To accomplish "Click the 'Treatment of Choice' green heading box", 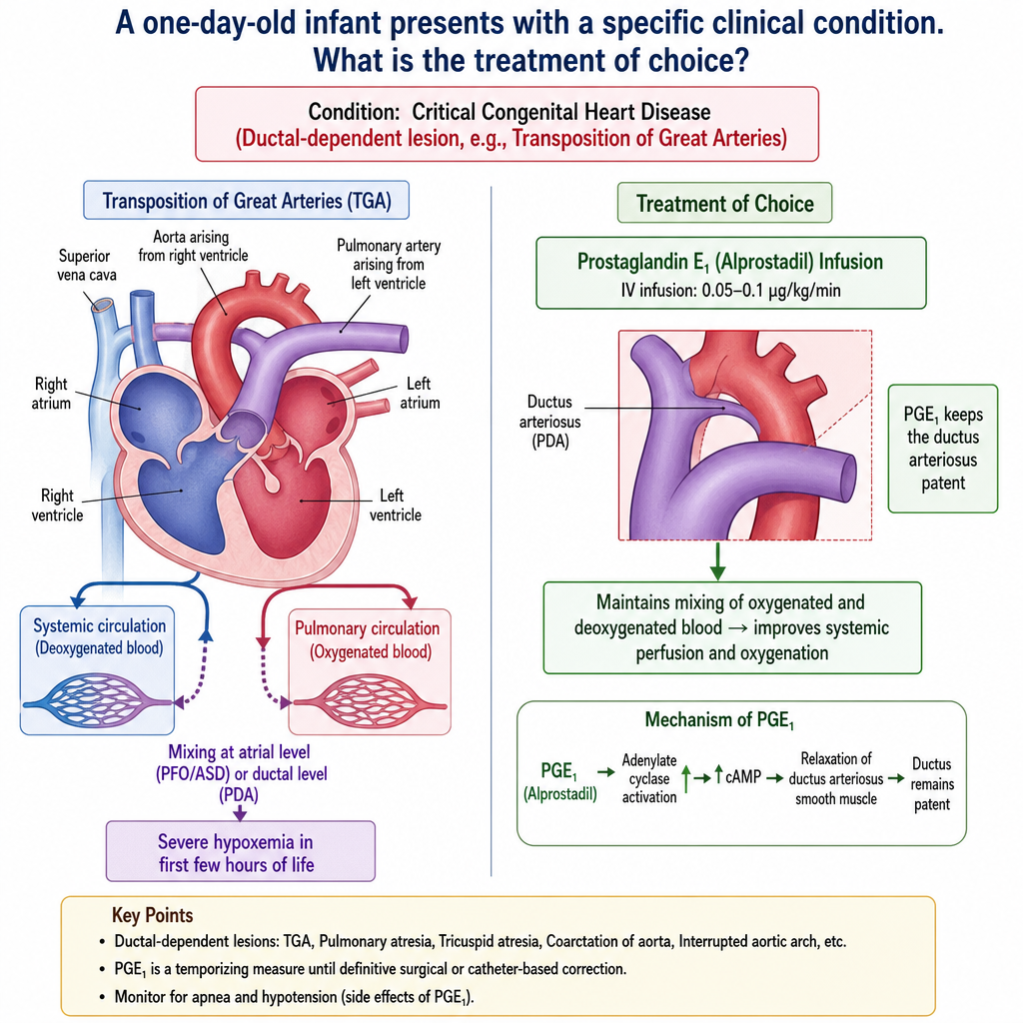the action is point(724,203).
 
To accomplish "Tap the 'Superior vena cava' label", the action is point(86,265).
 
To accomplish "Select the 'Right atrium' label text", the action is point(51,393).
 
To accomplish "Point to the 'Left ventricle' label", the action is point(395,505).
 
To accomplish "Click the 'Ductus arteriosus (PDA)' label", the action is point(549,422).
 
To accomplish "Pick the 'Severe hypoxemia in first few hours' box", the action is point(240,851).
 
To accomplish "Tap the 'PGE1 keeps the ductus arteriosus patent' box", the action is point(943,449).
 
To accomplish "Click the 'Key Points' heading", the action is point(152,915).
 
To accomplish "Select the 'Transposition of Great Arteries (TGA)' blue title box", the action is point(246,200).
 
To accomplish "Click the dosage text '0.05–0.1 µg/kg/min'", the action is point(770,291).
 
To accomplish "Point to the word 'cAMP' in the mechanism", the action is point(743,777).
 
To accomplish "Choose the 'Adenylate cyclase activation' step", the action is point(649,778).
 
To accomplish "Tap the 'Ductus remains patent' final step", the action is point(932,783).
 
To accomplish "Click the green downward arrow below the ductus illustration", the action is point(717,561).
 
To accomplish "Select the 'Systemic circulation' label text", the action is point(99,625).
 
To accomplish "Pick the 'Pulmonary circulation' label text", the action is point(367,628).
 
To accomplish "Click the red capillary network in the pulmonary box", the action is point(370,704).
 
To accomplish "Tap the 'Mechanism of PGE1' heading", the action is point(719,720).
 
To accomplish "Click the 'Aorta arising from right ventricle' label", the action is point(193,246).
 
